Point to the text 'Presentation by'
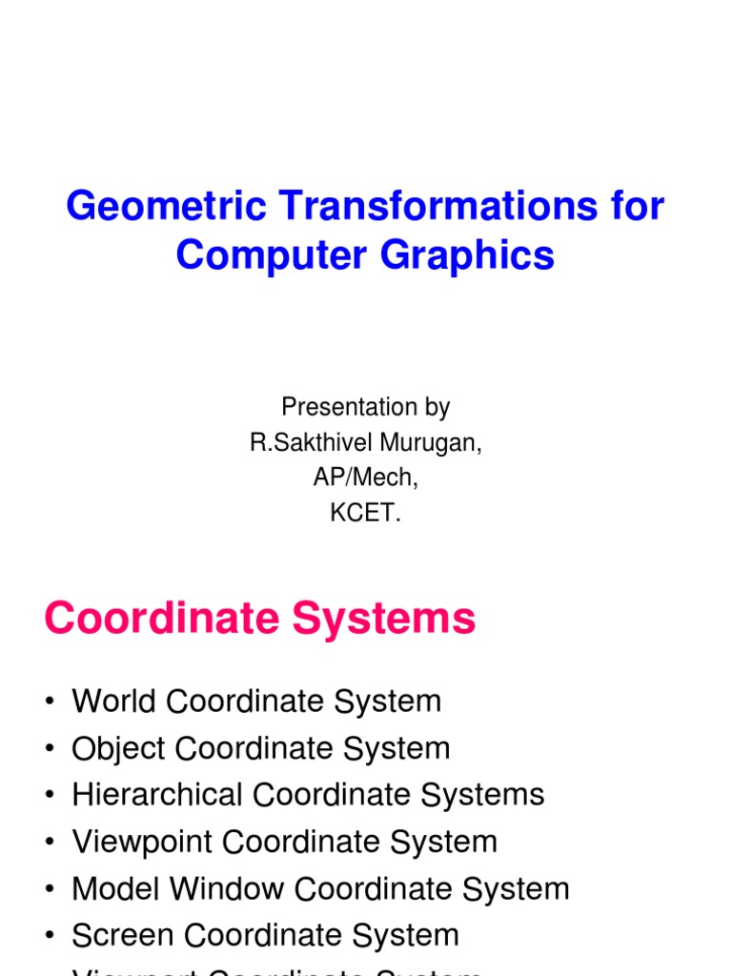(x=365, y=407)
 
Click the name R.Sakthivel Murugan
(x=365, y=443)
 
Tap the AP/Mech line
(x=365, y=478)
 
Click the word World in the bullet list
(x=114, y=701)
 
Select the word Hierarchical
(x=158, y=795)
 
